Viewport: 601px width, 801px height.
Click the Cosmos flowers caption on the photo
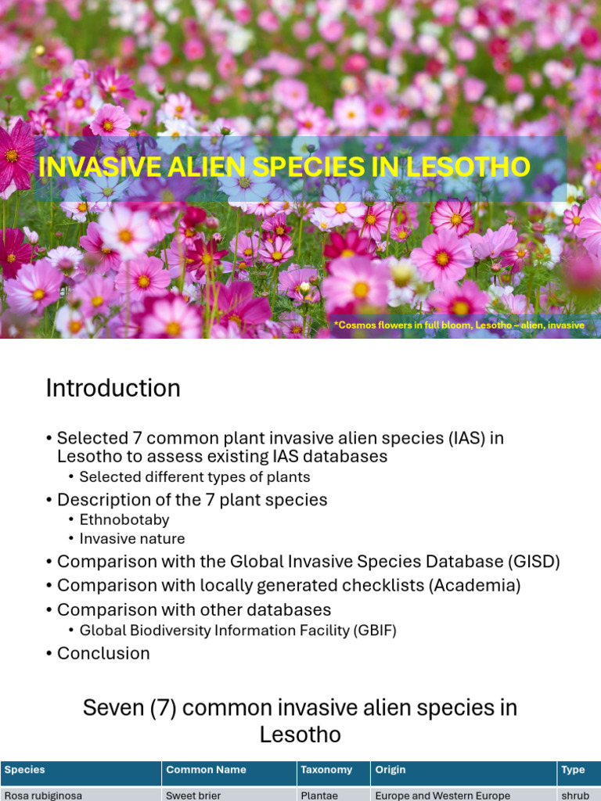459,325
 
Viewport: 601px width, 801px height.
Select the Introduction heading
113,388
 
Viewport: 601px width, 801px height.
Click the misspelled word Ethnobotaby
124,519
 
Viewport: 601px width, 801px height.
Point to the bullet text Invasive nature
132,538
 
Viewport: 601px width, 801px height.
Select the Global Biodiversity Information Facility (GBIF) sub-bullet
238,630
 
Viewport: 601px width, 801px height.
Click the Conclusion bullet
103,653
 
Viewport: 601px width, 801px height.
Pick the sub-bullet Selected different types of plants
195,476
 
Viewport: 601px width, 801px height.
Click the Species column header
25,770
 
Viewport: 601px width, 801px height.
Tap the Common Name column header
206,770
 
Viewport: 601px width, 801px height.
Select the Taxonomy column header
326,770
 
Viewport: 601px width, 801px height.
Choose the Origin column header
390,770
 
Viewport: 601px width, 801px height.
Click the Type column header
573,770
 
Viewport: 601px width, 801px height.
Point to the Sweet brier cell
193,795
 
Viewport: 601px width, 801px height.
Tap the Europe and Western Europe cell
442,795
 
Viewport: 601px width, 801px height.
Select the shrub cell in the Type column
575,795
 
